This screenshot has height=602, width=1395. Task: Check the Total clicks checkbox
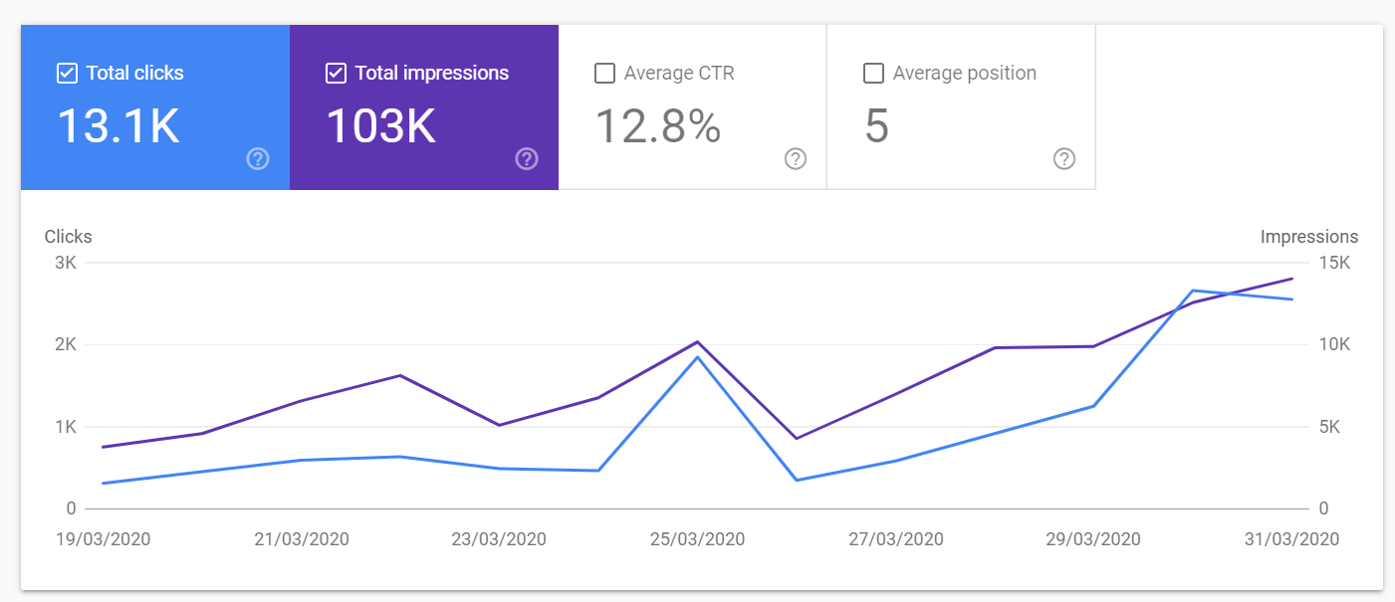67,73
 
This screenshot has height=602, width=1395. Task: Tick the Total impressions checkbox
336,73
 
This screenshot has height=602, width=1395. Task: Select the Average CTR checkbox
604,73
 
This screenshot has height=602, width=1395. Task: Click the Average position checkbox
873,73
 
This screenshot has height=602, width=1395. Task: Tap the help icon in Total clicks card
258,159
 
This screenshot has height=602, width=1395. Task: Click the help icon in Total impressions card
527,159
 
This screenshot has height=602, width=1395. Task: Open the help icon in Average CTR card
796,159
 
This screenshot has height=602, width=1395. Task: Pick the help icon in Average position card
1064,159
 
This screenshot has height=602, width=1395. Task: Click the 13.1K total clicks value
118,126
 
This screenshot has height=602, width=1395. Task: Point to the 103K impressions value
380,126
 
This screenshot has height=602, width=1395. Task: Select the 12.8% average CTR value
658,126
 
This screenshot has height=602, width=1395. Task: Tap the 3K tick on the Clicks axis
66,263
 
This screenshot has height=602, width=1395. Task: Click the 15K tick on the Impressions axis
1334,263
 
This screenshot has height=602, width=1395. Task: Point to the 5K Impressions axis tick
1329,427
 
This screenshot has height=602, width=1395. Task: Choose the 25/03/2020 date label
697,539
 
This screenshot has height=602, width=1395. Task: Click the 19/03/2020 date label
104,539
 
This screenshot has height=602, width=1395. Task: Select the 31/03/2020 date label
1291,539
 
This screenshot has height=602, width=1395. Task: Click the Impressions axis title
1309,237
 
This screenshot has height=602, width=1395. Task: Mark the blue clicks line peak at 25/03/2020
697,357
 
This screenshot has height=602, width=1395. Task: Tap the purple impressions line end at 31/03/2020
1292,279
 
